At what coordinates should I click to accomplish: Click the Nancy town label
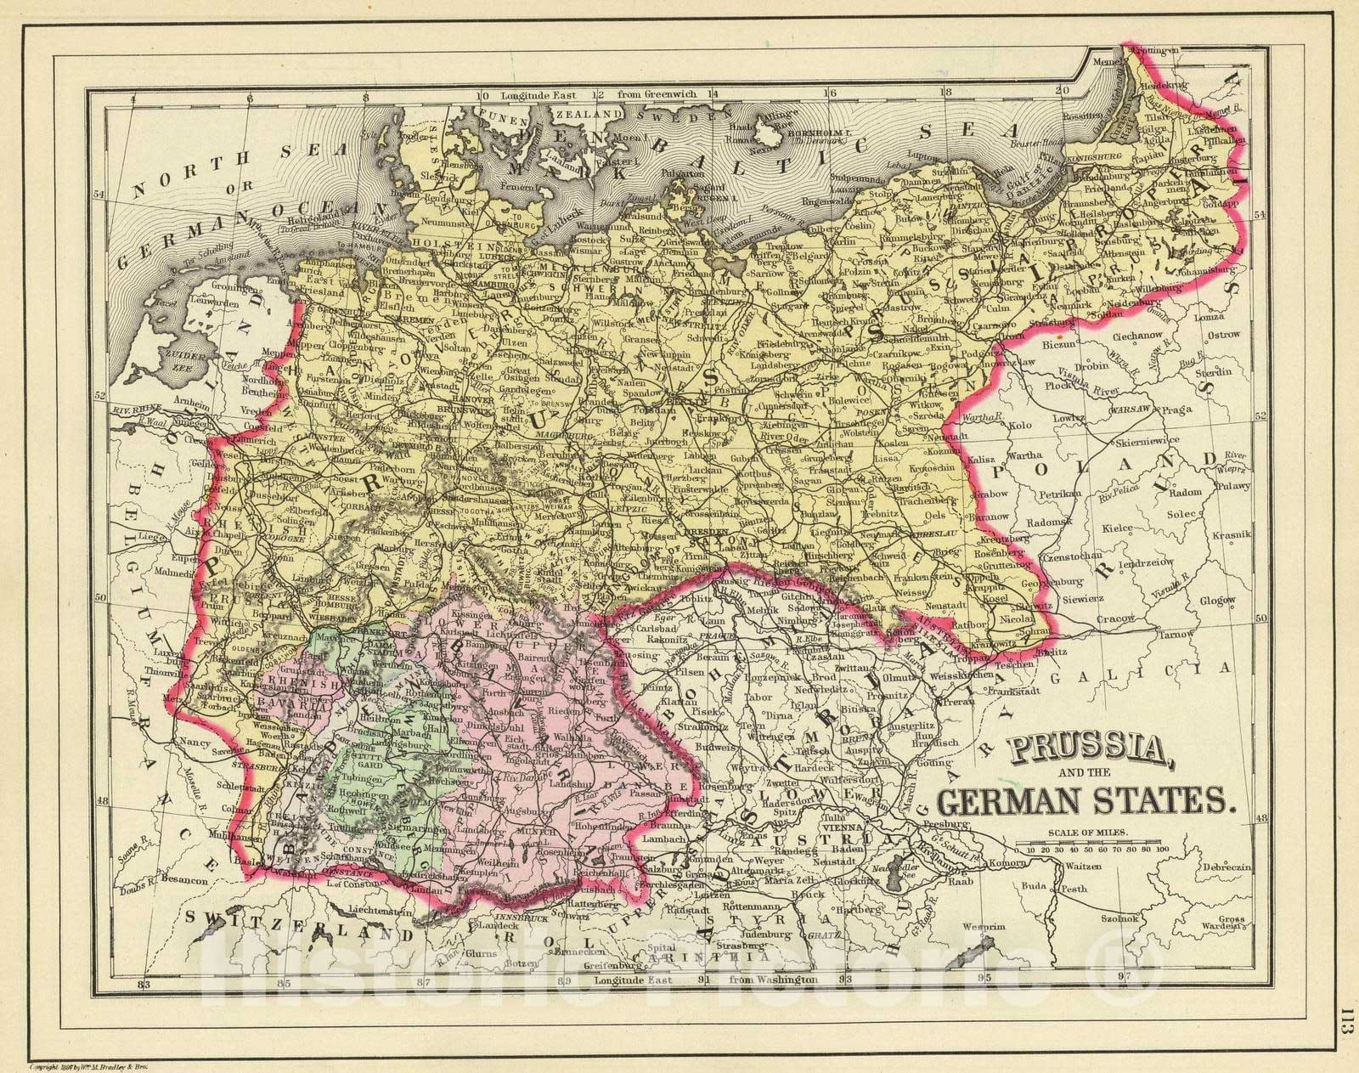pos(193,742)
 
